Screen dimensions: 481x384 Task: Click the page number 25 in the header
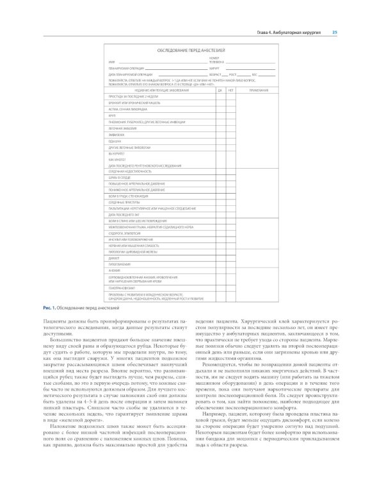click(335, 31)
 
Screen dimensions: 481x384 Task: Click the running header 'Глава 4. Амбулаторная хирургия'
click(289, 31)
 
